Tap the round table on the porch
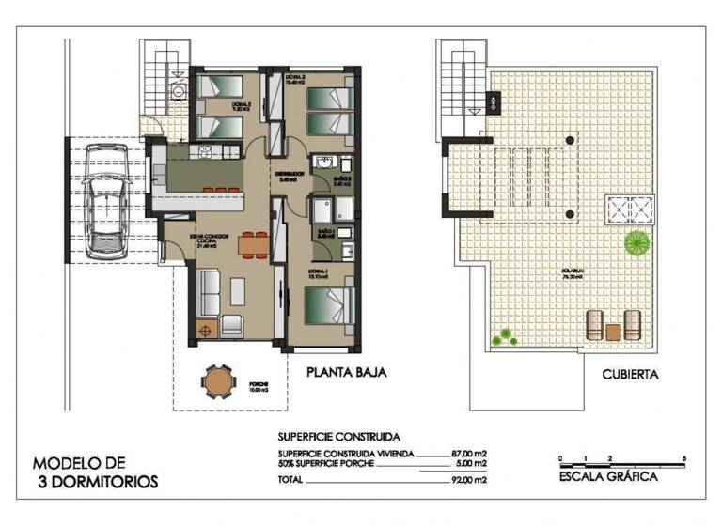217,381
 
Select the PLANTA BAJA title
347,372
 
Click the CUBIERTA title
630,374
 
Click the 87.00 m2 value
467,452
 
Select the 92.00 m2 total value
467,480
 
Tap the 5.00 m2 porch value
469,463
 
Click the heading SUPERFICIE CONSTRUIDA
338,437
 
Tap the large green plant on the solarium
637,242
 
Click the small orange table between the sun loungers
613,331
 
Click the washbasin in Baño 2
324,162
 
